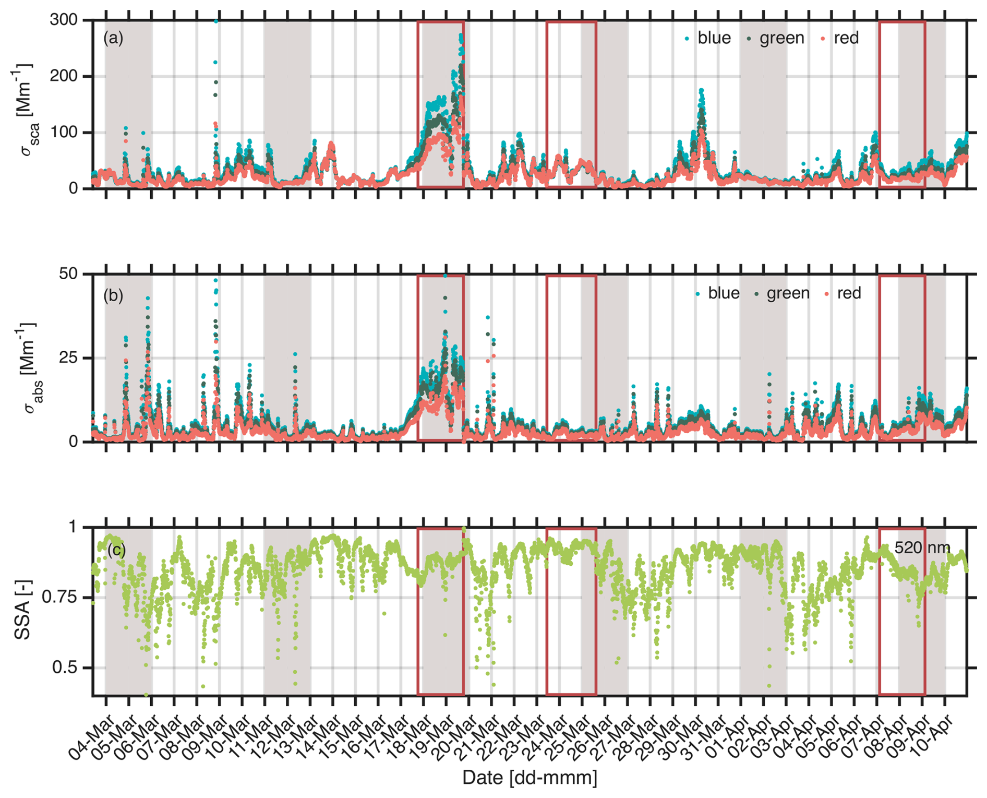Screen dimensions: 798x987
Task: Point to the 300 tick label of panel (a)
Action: pyautogui.click(x=63, y=20)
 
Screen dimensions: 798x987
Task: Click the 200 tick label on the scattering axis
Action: pyautogui.click(x=63, y=76)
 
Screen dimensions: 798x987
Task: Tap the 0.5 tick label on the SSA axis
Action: pyautogui.click(x=65, y=668)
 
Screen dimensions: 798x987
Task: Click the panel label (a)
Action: pyautogui.click(x=113, y=38)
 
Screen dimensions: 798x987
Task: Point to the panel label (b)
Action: pyautogui.click(x=113, y=295)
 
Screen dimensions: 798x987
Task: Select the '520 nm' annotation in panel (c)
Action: pyautogui.click(x=922, y=547)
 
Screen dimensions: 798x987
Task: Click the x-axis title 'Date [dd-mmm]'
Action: pyautogui.click(x=529, y=778)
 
